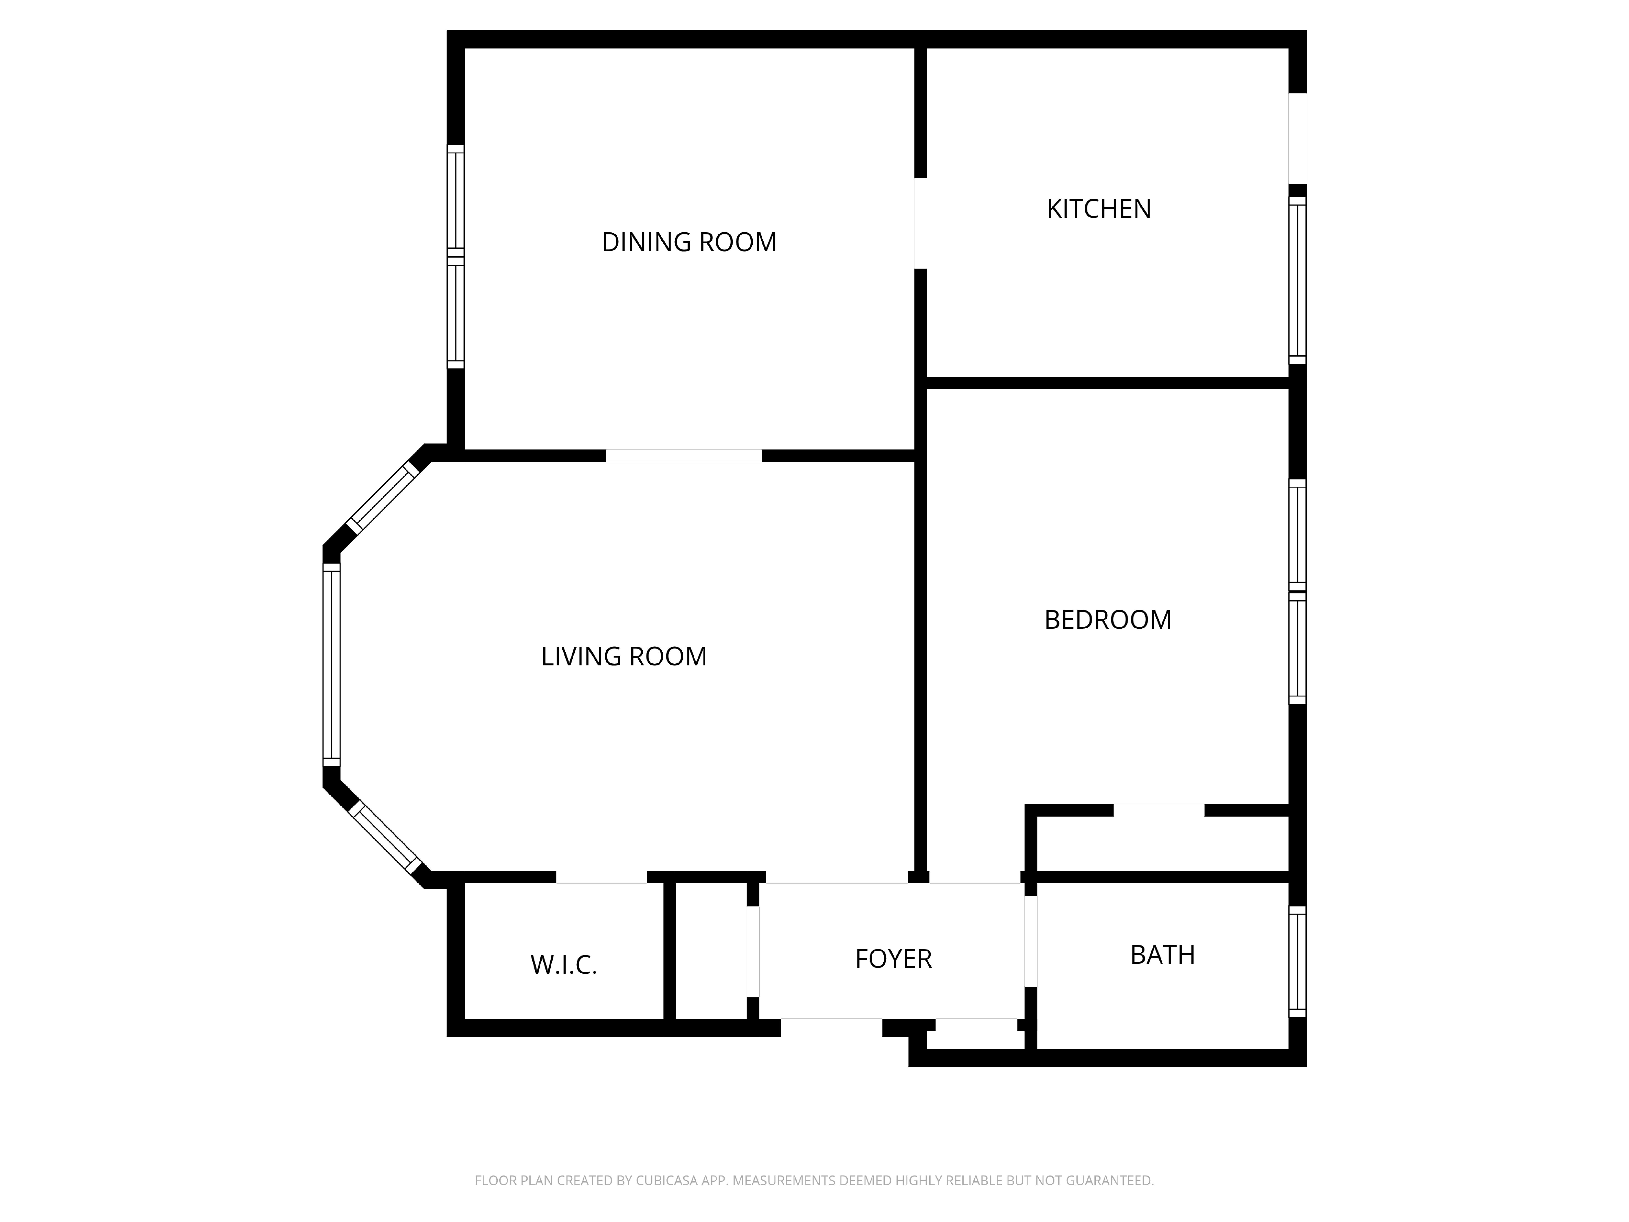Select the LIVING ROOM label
point(624,656)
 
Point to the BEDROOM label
point(1108,620)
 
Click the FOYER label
point(893,959)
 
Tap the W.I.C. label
point(563,965)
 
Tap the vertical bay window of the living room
point(331,665)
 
